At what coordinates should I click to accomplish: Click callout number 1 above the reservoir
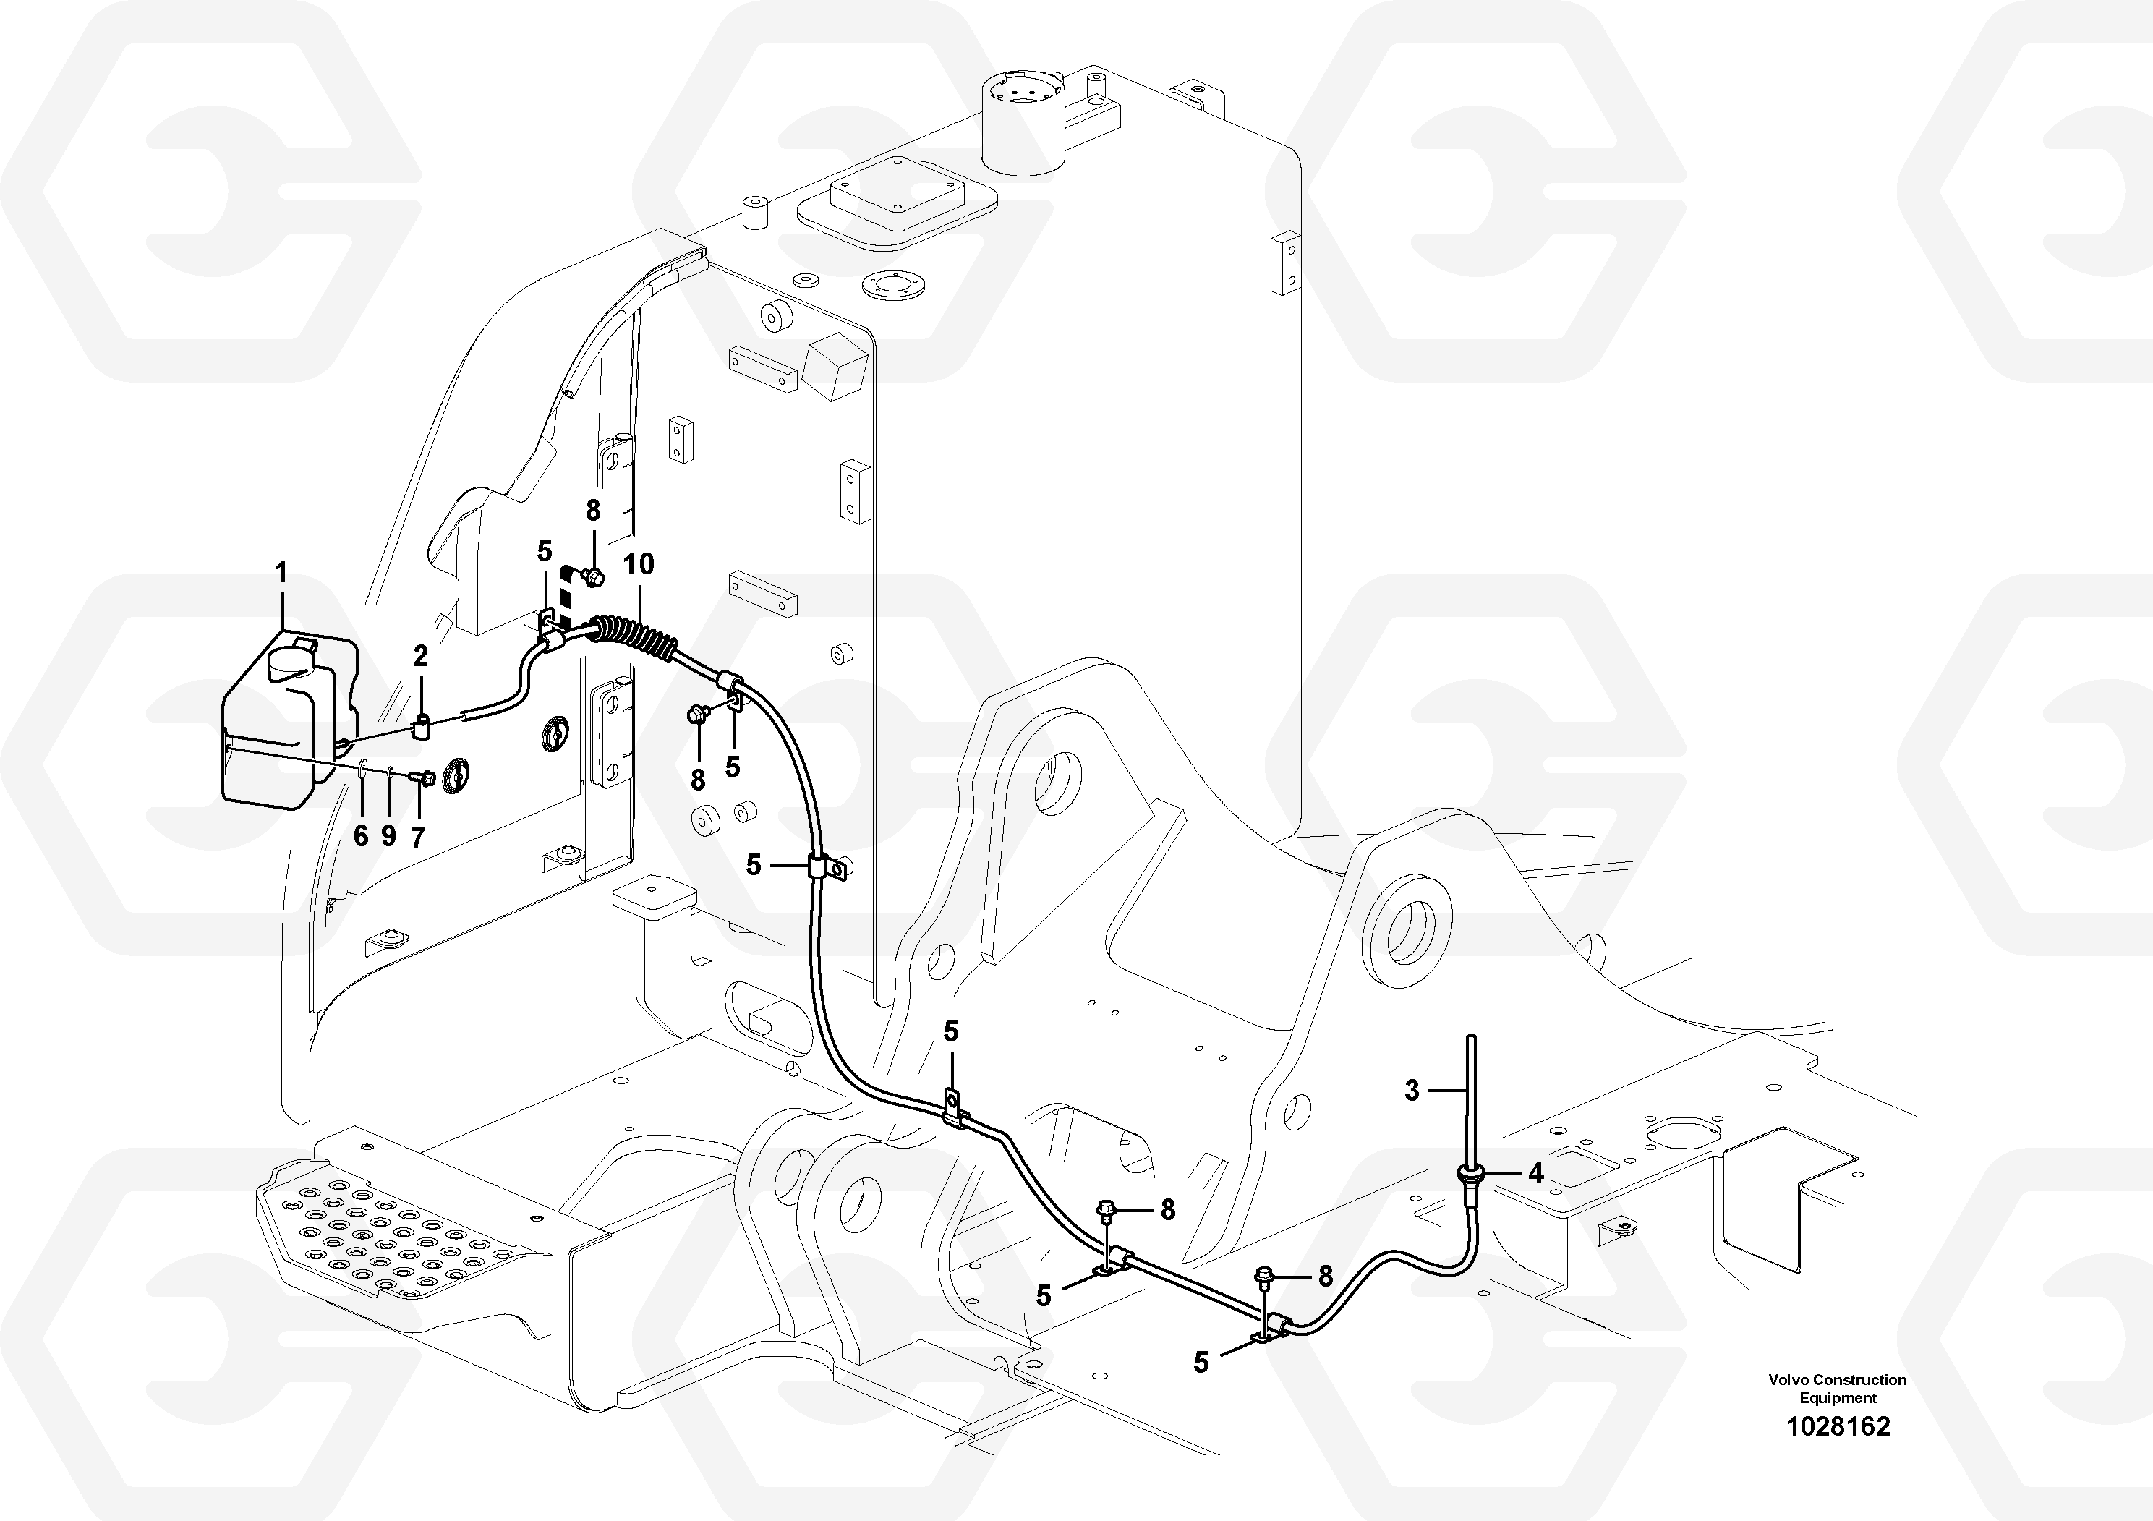pyautogui.click(x=281, y=572)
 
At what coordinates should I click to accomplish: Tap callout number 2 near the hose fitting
pyautogui.click(x=420, y=657)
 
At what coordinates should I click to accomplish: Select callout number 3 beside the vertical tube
pyautogui.click(x=1412, y=1090)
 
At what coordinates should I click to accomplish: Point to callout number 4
pyautogui.click(x=1535, y=1172)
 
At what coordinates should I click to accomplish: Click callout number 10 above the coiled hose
pyautogui.click(x=639, y=565)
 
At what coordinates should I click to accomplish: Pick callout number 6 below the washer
pyautogui.click(x=361, y=835)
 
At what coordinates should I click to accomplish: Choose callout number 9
pyautogui.click(x=389, y=835)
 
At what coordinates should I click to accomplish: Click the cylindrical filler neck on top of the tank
pyautogui.click(x=1024, y=127)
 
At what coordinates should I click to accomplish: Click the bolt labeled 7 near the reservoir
pyautogui.click(x=424, y=777)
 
